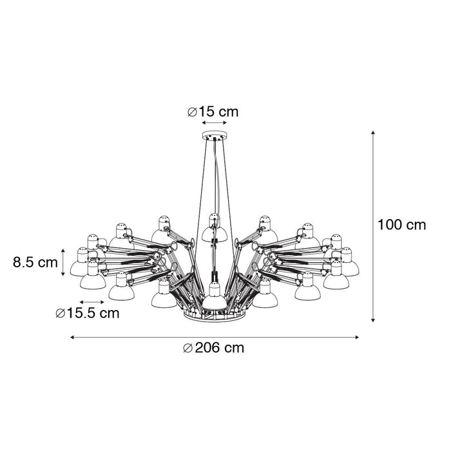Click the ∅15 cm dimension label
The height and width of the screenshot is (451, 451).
click(213, 111)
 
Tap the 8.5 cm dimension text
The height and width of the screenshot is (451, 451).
click(35, 262)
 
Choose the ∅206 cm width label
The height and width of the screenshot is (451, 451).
click(213, 348)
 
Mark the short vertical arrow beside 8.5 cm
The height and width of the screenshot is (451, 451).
click(62, 262)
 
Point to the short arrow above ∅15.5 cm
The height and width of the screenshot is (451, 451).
click(91, 302)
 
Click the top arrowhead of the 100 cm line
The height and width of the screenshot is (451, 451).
click(374, 133)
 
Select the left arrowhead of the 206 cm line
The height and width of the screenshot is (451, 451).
click(72, 336)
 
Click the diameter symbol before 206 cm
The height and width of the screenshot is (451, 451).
click(187, 349)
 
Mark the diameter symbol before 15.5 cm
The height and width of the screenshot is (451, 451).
click(59, 314)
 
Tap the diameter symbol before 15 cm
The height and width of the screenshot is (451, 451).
click(192, 112)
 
